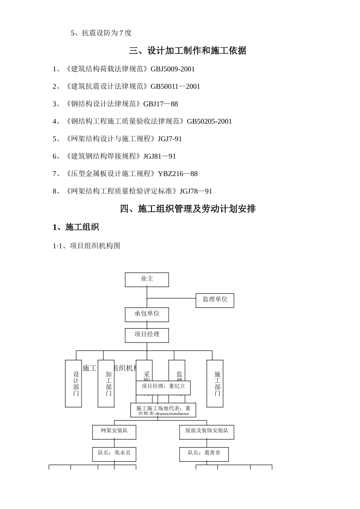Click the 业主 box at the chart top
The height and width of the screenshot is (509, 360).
[147, 279]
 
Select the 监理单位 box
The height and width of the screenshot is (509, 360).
[214, 300]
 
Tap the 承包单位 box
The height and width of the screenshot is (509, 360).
[147, 314]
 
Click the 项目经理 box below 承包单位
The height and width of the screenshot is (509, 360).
[147, 335]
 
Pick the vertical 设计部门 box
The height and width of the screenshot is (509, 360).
[74, 384]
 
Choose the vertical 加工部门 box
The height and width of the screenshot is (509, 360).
[106, 384]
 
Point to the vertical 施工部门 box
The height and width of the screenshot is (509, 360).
[215, 384]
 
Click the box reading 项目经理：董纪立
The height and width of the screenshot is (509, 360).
[163, 387]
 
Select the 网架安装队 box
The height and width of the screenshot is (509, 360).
[114, 431]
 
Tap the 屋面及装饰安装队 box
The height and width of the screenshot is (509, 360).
[207, 431]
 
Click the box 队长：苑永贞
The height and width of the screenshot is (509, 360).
[114, 453]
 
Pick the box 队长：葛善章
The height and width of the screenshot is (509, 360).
[204, 453]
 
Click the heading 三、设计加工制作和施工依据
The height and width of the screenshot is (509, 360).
[188, 51]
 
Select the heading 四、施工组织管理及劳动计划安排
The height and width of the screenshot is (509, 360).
[188, 209]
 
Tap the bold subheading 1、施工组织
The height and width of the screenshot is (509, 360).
[76, 227]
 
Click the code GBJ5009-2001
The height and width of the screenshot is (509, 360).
[172, 69]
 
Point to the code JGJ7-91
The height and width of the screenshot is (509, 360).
[170, 139]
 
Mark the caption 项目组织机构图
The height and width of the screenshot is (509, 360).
[95, 246]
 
